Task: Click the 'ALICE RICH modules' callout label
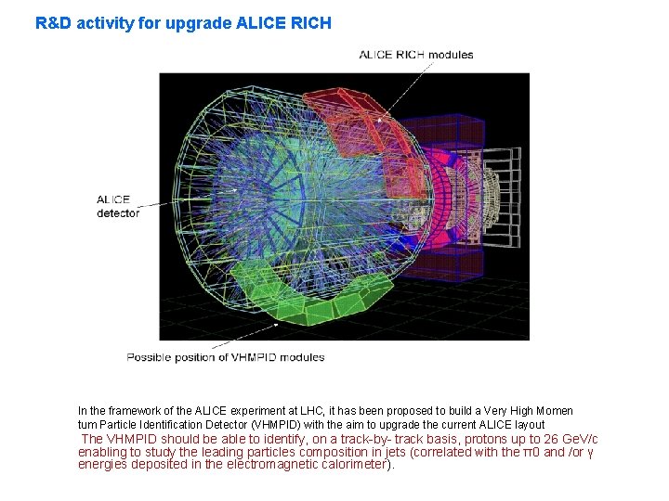[x=416, y=55]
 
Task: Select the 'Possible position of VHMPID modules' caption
[x=226, y=357]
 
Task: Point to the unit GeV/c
[x=577, y=439]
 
